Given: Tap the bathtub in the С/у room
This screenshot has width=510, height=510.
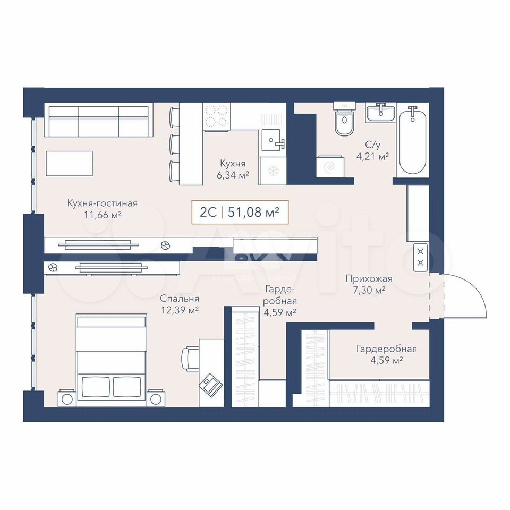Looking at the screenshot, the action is point(412,142).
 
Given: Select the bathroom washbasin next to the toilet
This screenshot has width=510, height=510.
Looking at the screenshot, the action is point(380,113).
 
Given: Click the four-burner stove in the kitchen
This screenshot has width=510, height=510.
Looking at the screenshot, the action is point(217,116).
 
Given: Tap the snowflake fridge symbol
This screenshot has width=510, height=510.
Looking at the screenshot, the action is point(272,171).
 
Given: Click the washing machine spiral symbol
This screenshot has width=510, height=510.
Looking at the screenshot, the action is point(330,167).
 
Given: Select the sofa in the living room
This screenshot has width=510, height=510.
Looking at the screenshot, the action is point(99,120).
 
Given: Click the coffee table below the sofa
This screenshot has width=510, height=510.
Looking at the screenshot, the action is point(69,163).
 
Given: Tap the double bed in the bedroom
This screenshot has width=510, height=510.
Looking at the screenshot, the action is point(111,360).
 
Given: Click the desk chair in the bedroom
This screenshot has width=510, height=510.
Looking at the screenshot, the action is point(190,359).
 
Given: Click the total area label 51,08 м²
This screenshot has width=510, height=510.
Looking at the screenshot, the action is point(253,212).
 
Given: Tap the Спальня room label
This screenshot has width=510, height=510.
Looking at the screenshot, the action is point(180,299).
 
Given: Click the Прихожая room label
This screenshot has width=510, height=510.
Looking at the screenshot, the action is point(369,278).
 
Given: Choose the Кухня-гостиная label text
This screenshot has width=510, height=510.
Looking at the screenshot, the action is point(103,203).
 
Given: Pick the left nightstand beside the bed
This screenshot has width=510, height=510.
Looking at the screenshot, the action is point(67,398).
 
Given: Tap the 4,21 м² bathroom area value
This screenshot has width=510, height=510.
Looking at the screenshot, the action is point(373,156).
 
